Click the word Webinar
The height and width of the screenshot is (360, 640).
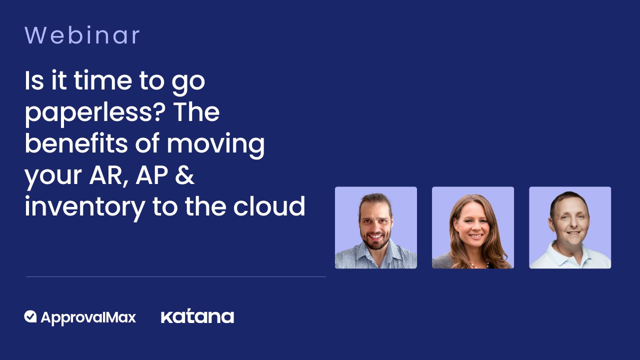[x=82, y=35]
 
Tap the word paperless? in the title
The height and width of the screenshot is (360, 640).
[x=95, y=113]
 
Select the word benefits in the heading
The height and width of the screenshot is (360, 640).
[x=76, y=143]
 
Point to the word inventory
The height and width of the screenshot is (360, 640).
[x=85, y=207]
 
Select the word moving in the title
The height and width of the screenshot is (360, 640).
[x=215, y=144]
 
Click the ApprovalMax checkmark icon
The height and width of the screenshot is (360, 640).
[x=30, y=316]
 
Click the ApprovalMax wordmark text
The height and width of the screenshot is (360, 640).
[x=88, y=317]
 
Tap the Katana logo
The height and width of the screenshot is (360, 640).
[x=197, y=316]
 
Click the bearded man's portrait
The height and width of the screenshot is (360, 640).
[x=375, y=227]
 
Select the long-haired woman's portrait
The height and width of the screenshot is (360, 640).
[x=473, y=227]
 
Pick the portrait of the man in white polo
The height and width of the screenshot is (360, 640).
[x=570, y=227]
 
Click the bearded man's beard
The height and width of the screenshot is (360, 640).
[x=375, y=241]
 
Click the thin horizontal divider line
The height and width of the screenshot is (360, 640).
[x=176, y=276]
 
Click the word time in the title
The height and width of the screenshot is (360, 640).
[x=103, y=81]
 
